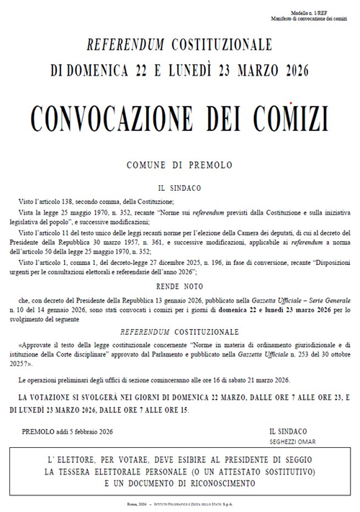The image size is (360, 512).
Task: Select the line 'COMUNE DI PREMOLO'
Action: tap(179, 166)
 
